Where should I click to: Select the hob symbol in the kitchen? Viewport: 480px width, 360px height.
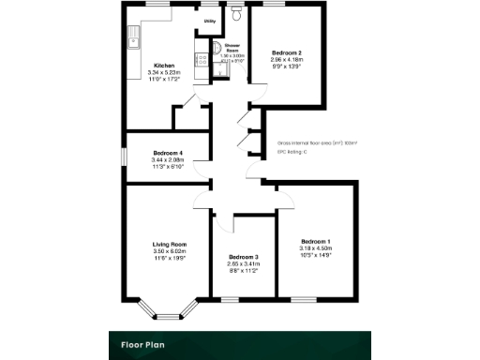click(x=199, y=59)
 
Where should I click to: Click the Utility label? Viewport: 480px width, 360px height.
click(x=210, y=18)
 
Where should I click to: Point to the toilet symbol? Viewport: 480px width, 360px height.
click(x=236, y=16)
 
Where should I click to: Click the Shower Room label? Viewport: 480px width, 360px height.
click(x=232, y=48)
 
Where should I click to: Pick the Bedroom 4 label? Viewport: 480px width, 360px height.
click(x=168, y=153)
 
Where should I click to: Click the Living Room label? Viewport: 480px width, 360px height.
click(x=170, y=245)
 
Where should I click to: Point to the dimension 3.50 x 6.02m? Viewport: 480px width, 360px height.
click(x=170, y=251)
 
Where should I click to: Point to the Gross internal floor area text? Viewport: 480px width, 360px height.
click(x=317, y=142)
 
